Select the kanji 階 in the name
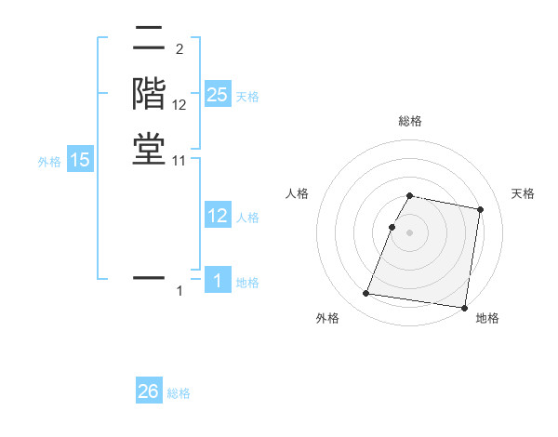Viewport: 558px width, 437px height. coord(149,95)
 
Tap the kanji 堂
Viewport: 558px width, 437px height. coord(149,149)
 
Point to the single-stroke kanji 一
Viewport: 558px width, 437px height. coord(149,277)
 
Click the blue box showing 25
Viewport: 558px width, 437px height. coord(218,95)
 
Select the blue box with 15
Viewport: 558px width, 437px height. coord(80,160)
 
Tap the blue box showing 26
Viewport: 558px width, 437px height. coord(149,391)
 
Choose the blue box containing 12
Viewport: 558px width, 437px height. coord(218,216)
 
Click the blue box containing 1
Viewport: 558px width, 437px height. coord(218,281)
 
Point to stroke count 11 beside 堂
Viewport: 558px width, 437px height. coord(179,161)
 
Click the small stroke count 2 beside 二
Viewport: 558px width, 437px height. coord(179,49)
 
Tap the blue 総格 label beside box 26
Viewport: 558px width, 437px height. coord(179,393)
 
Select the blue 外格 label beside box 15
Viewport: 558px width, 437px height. coord(49,162)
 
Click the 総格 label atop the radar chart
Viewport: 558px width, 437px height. coord(409,121)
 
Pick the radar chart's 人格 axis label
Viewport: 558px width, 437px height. coord(297,193)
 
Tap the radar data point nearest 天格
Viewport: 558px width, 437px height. coord(480,210)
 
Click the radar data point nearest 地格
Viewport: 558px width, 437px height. coord(463,307)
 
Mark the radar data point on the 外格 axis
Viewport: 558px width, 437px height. coord(365,294)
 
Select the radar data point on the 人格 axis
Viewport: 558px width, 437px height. coord(392,227)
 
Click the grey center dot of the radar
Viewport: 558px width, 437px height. coord(409,232)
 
